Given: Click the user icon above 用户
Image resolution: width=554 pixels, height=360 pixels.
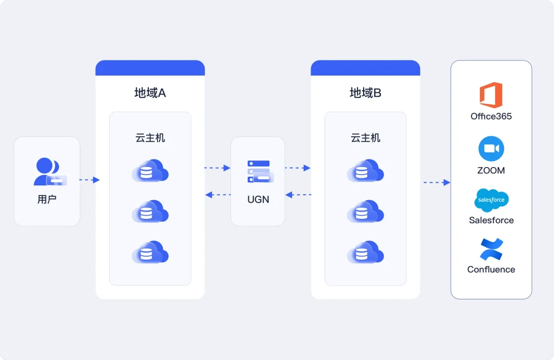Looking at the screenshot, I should click(x=49, y=172).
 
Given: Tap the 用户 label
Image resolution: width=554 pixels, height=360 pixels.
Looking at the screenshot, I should click(x=47, y=199).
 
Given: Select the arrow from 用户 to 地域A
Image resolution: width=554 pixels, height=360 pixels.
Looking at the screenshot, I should click(x=89, y=179).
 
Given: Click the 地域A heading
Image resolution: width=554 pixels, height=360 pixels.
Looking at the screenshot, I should click(x=150, y=93).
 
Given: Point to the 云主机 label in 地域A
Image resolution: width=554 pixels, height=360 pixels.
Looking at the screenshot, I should click(x=150, y=138).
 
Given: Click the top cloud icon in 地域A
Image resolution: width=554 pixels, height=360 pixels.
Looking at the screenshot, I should click(x=150, y=171).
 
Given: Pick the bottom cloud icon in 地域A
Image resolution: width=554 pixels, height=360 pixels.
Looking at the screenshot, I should click(x=150, y=252).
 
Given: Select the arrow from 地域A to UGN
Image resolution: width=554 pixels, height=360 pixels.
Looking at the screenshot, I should click(x=217, y=168).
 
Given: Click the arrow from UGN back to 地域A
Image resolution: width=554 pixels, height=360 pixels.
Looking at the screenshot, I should click(x=217, y=195).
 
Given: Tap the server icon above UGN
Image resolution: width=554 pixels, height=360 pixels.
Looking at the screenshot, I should click(x=260, y=171).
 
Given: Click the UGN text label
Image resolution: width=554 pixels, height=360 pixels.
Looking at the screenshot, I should click(x=258, y=199).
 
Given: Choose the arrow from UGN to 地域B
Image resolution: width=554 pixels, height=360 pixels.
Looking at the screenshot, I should click(x=298, y=168).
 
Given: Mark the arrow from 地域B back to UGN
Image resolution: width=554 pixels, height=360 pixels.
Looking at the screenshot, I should click(x=298, y=195).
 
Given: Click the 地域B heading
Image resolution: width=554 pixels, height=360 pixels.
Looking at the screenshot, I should click(x=365, y=93).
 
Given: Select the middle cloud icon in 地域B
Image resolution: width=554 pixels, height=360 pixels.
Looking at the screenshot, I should click(x=365, y=211).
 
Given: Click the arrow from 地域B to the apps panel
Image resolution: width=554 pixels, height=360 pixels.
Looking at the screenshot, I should click(x=437, y=182).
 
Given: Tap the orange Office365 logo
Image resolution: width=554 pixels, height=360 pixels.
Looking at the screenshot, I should click(x=491, y=95).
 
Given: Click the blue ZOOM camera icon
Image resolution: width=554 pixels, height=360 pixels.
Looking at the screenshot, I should click(x=491, y=149).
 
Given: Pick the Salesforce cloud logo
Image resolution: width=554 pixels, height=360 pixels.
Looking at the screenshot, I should click(x=491, y=200).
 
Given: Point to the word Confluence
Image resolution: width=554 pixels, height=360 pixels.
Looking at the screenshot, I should click(x=491, y=269).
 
